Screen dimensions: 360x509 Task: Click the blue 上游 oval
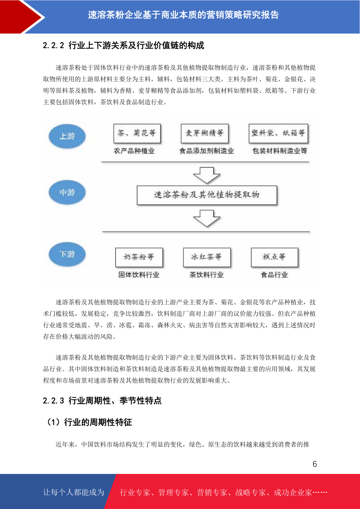point(67,136)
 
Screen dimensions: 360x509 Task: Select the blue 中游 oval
point(67,192)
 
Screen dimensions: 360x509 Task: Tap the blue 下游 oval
point(67,254)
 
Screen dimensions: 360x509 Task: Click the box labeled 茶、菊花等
point(137,133)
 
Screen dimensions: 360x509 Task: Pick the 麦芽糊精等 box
point(205,133)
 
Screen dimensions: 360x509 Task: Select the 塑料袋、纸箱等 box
point(278,133)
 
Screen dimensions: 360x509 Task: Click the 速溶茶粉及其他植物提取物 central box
point(207,195)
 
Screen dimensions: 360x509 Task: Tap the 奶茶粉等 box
point(139,257)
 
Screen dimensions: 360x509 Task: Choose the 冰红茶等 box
point(207,257)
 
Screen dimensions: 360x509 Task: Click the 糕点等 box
point(274,257)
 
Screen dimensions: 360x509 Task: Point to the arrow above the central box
point(206,175)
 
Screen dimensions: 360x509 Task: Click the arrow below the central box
point(206,218)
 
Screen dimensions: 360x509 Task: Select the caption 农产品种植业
point(134,151)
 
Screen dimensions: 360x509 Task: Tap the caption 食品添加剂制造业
point(206,151)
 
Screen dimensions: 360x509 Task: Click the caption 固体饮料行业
point(139,275)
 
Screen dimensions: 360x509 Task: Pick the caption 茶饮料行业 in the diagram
point(206,275)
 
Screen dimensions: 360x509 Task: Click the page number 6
point(315,464)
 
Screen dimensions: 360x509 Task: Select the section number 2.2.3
point(54,400)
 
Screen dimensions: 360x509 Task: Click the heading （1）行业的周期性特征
point(89,422)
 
